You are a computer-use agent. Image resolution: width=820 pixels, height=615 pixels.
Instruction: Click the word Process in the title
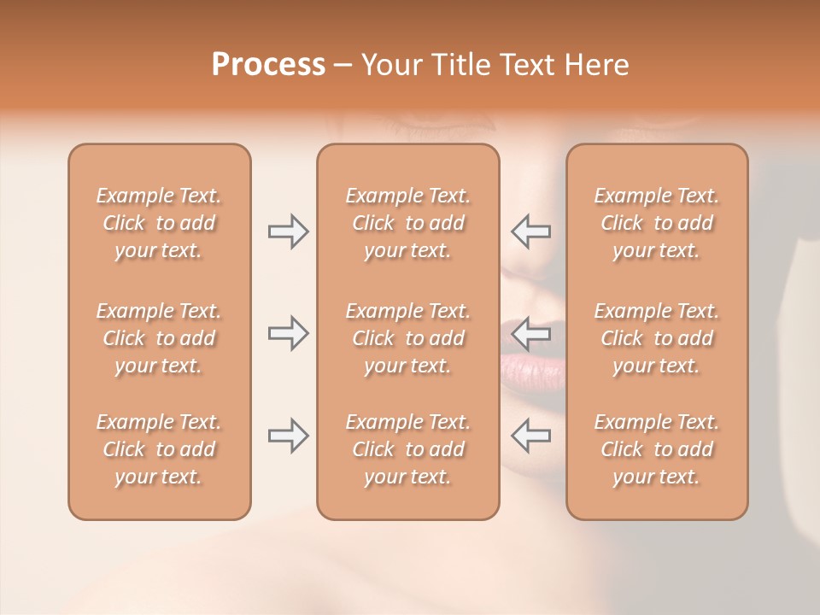pos(268,65)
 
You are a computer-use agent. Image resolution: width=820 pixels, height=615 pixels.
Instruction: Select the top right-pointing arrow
pos(288,231)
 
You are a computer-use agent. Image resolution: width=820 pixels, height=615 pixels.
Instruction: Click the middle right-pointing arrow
pos(288,333)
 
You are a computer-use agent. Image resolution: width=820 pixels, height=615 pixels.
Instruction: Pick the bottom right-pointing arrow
pos(288,436)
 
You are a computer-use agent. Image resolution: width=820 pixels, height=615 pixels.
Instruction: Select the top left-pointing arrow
pos(531,231)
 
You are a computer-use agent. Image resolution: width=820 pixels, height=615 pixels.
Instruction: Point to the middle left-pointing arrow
pos(531,333)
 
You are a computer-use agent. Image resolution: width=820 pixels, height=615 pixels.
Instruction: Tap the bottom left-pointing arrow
pos(531,436)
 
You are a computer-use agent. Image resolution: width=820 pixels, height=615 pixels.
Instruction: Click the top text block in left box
pos(159,223)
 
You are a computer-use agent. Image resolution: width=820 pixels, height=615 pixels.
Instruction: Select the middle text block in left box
pos(159,338)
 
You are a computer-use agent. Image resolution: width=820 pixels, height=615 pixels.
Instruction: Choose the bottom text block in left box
pos(159,449)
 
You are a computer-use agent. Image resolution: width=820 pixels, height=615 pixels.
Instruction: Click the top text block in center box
pos(407,223)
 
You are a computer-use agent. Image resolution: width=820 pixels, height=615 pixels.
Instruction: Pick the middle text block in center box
pos(407,338)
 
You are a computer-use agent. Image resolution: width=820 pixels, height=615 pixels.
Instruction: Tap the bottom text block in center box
pos(407,449)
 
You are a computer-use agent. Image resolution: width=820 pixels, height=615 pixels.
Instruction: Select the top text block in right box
pos(656,223)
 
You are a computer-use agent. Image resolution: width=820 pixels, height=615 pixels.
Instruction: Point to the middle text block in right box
pos(656,338)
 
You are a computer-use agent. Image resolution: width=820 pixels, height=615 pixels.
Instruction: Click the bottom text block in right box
pos(656,449)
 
